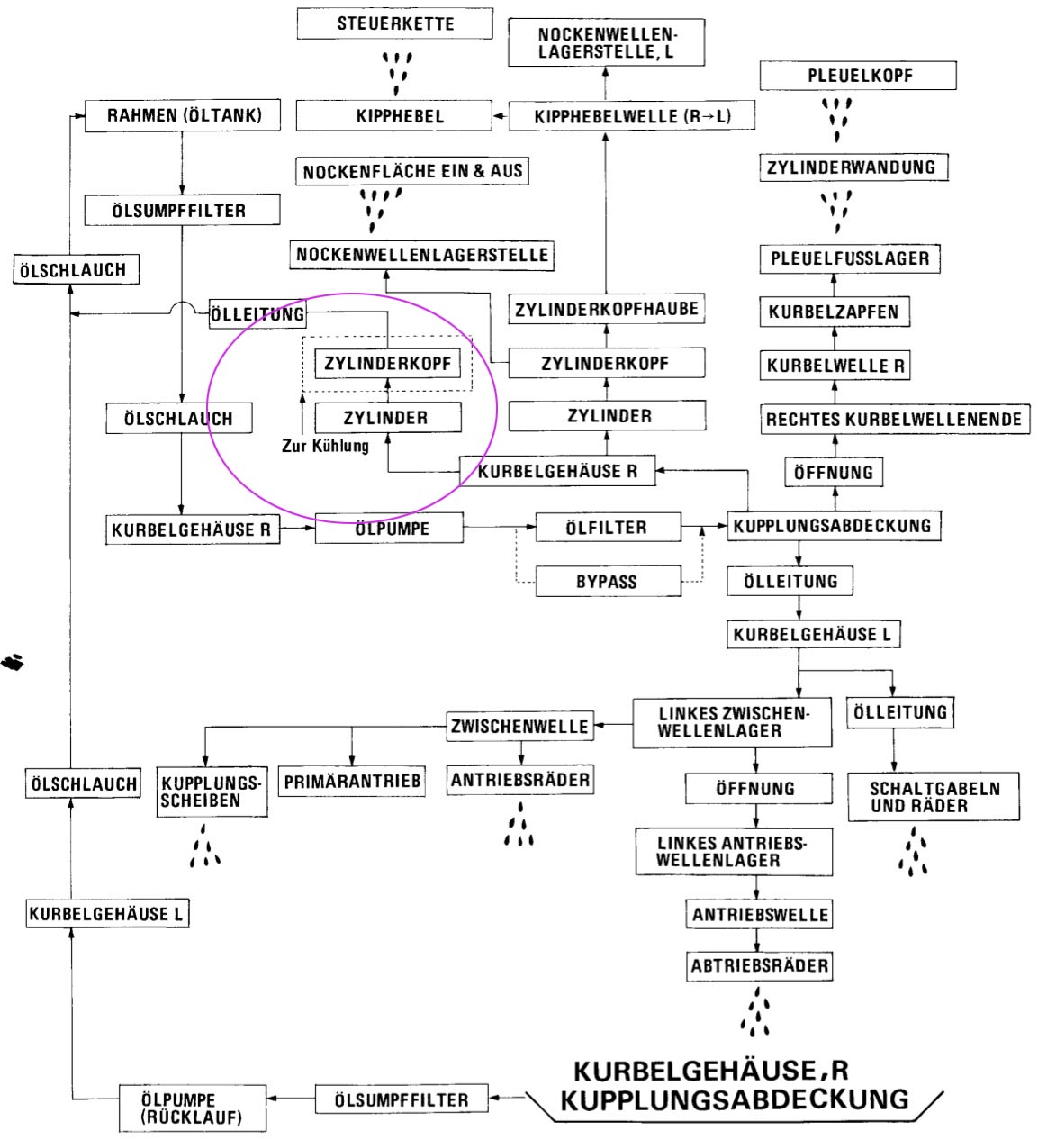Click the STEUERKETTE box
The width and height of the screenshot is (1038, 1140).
coord(394,23)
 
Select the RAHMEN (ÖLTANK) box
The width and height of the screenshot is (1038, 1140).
coord(184,115)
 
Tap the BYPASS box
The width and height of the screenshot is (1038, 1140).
coord(607,582)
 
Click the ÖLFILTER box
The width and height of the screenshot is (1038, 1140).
coord(607,528)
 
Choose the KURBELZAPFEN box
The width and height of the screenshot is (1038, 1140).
coord(834,312)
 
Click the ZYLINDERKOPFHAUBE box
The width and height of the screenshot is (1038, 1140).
coord(606,310)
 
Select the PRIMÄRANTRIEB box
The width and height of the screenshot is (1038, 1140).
coord(352,782)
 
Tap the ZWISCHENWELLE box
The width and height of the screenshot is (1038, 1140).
coord(520,726)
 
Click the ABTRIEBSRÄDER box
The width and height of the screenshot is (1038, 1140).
coord(759,966)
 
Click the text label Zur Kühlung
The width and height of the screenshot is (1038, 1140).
coord(325,446)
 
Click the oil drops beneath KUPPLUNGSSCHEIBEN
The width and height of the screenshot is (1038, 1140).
coord(205,846)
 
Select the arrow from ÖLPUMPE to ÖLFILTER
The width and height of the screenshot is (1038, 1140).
coord(500,528)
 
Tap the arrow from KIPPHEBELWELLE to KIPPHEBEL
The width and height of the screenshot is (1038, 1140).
coord(501,116)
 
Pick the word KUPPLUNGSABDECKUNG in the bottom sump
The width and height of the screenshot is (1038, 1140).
coord(734,1099)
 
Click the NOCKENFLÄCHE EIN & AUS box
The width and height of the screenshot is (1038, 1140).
coord(412,171)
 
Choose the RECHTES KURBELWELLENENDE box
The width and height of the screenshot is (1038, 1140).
coord(893,419)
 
